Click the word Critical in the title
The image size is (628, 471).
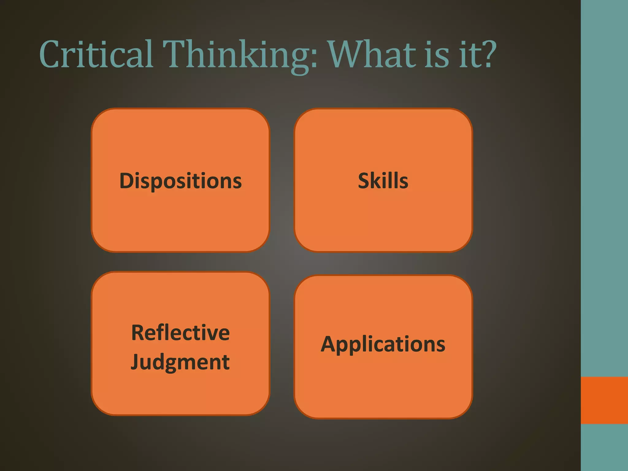pyautogui.click(x=96, y=55)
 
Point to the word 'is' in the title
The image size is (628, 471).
pyautogui.click(x=437, y=55)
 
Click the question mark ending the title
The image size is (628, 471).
pyautogui.click(x=488, y=54)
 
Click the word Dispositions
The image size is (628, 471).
pyautogui.click(x=180, y=181)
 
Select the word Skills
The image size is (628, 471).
pyautogui.click(x=383, y=181)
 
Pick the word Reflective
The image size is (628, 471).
pyautogui.click(x=180, y=333)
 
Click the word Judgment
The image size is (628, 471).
pyautogui.click(x=180, y=362)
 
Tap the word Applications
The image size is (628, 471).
pyautogui.click(x=383, y=344)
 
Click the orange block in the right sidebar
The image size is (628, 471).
pyautogui.click(x=604, y=400)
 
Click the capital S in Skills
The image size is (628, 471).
pyautogui.click(x=364, y=181)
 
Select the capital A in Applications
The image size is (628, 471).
pyautogui.click(x=329, y=344)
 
